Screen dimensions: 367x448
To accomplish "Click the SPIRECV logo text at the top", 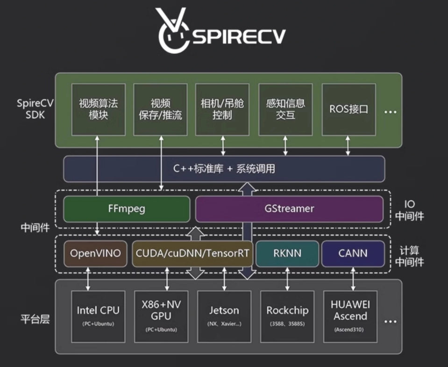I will click(x=238, y=36).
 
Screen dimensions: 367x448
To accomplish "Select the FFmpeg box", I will click(x=127, y=209).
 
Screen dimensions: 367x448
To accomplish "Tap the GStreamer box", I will click(x=289, y=209).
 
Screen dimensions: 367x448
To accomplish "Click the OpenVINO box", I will click(x=95, y=253).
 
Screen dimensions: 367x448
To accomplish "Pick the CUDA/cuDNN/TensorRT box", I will click(x=192, y=253).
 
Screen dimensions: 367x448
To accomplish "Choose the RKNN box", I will click(x=287, y=253).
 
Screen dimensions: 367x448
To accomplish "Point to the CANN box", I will click(x=353, y=253).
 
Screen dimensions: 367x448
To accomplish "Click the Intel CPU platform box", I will click(x=98, y=316).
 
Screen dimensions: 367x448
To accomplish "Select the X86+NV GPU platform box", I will click(x=161, y=316).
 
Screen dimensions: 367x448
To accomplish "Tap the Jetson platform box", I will click(x=224, y=316).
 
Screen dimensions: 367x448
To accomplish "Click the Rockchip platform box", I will click(x=287, y=316).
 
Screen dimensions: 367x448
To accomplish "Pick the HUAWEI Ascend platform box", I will click(x=350, y=316).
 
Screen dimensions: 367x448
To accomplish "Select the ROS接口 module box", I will click(x=348, y=109).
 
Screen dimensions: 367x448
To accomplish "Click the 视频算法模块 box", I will click(x=98, y=109).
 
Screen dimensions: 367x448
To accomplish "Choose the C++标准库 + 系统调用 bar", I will click(x=224, y=169).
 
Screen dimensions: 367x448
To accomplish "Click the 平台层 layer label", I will click(x=36, y=320).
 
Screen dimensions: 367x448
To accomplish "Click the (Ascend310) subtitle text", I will click(x=350, y=329).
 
